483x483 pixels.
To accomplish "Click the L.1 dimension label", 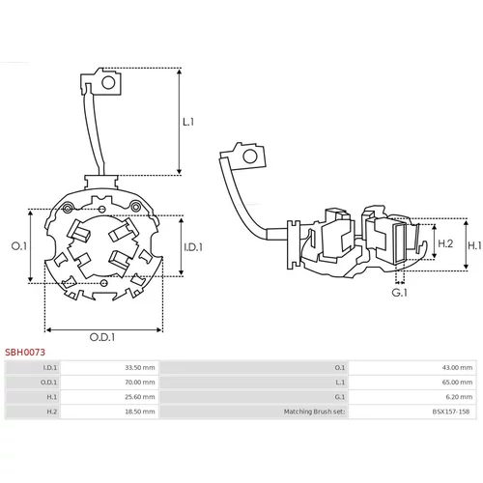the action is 188,122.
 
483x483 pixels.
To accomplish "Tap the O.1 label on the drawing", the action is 19,246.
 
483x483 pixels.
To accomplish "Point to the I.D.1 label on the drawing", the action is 193,247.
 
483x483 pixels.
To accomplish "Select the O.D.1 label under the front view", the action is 102,337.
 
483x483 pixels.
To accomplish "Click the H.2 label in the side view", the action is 445,243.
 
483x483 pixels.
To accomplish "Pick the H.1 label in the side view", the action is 474,245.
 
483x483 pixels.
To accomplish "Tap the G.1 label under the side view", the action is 399,293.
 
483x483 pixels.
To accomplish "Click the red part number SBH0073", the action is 25,352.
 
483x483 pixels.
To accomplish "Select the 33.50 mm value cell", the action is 140,367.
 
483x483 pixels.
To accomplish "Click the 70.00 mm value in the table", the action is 140,383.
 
